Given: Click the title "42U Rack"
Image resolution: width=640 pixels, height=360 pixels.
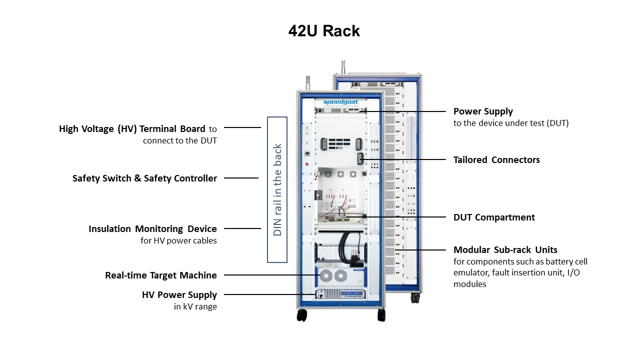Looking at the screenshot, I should (x=324, y=31).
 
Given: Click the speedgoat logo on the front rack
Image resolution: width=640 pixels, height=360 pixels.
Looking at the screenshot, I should (x=340, y=102).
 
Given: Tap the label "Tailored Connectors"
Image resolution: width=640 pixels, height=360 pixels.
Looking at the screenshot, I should (x=496, y=160).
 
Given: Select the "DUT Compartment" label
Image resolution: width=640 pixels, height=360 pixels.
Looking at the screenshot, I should (x=494, y=217).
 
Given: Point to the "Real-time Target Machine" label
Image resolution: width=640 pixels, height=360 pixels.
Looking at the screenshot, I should (x=161, y=275).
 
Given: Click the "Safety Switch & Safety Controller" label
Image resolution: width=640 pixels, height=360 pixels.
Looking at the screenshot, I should (x=144, y=178).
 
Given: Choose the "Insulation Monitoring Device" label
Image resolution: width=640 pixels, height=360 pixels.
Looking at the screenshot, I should (x=152, y=228).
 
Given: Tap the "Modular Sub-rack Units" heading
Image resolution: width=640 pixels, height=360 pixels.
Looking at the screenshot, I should (x=505, y=249).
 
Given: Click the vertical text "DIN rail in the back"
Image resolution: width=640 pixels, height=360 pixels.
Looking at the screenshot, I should (x=277, y=189).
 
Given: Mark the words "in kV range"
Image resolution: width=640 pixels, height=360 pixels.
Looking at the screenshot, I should (x=195, y=306).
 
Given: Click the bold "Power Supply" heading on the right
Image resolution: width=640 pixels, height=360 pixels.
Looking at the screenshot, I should (x=483, y=111).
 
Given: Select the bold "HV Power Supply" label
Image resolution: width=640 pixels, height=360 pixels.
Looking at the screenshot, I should (x=179, y=295).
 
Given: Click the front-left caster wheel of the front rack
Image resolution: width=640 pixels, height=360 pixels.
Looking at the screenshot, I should (x=301, y=315).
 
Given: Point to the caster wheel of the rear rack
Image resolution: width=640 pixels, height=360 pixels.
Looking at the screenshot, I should (x=415, y=298).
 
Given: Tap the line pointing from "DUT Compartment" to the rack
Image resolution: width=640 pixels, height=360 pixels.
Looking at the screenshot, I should (x=405, y=217).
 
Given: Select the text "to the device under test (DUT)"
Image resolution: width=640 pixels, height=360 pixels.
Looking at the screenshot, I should (x=511, y=123).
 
